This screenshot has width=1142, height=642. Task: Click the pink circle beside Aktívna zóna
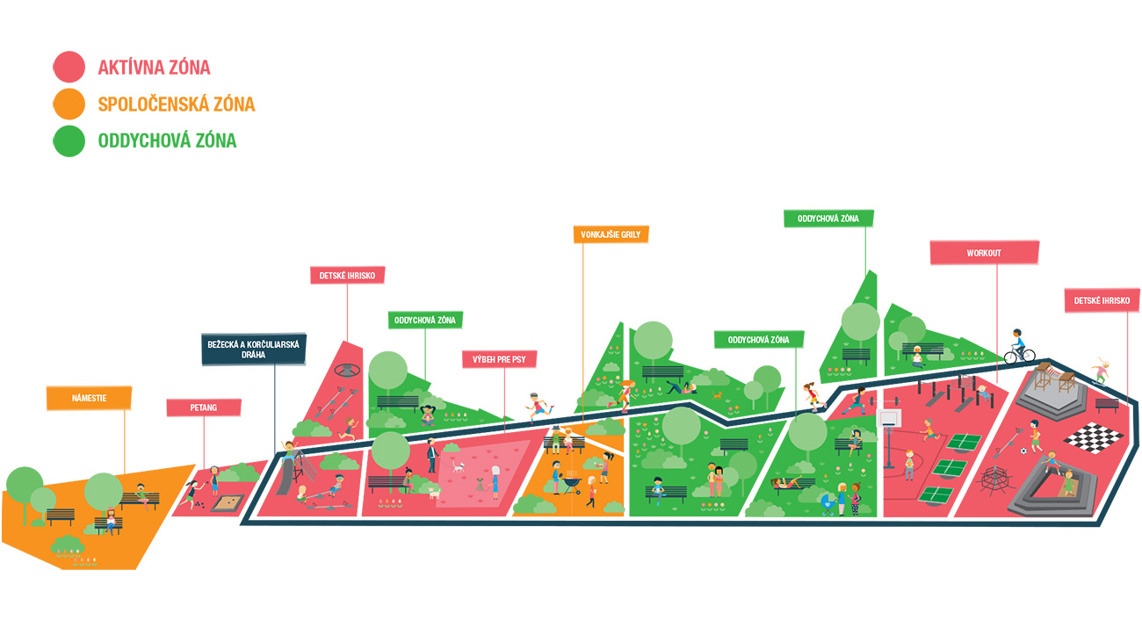click(69, 67)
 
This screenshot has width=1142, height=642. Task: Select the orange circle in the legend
click(69, 104)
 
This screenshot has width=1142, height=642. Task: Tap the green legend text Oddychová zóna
click(167, 141)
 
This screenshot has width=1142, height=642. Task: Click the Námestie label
click(90, 398)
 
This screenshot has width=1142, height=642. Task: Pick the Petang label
click(204, 408)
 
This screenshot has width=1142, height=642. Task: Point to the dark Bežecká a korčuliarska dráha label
click(253, 349)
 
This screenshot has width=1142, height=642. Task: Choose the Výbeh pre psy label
click(499, 359)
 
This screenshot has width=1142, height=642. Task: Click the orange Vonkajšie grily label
click(611, 234)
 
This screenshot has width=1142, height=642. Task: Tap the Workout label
click(984, 253)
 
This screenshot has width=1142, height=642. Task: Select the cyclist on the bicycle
click(1019, 348)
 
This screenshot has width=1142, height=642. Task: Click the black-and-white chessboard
click(1093, 437)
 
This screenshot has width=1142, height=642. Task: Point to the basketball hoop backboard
click(889, 418)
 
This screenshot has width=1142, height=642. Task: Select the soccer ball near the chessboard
click(1023, 451)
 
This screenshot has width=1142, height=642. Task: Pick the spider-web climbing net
click(995, 480)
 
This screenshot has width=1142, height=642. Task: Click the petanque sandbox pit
click(228, 503)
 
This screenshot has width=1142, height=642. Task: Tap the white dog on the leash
click(459, 466)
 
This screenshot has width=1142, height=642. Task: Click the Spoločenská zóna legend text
click(177, 104)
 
